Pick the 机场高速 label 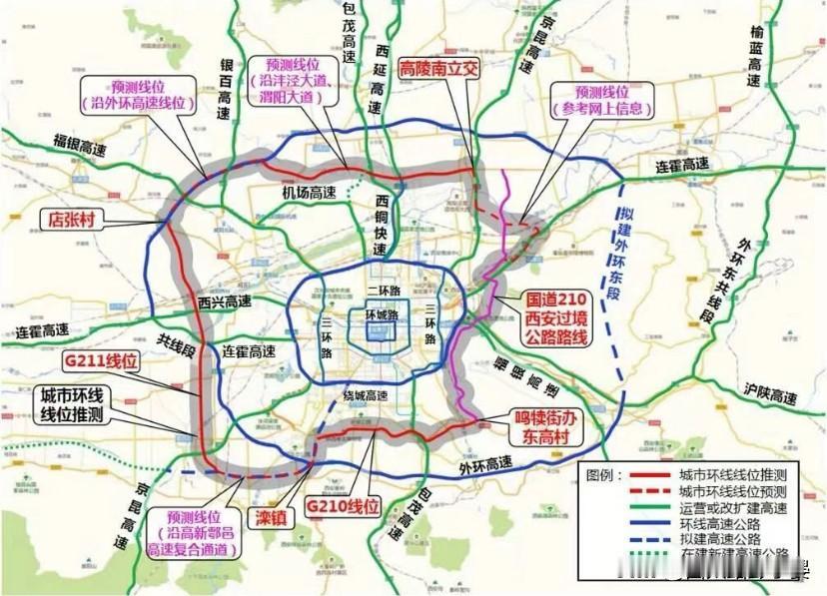pos(308,192)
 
